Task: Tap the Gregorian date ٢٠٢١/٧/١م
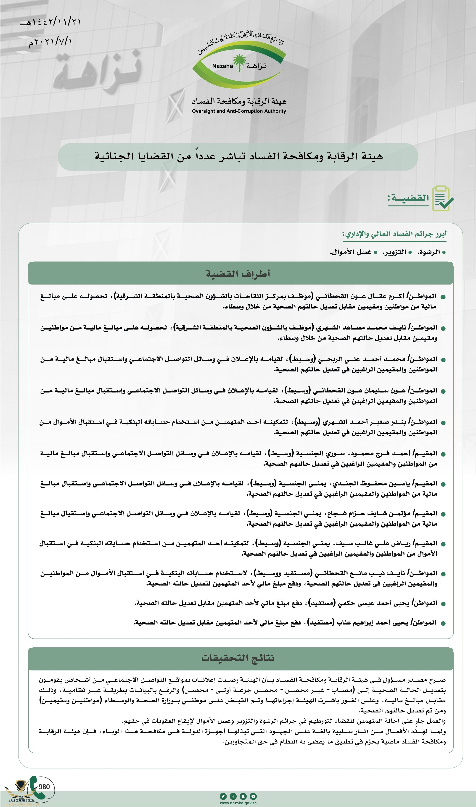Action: [51, 42]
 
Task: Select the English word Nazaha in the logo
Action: [223, 66]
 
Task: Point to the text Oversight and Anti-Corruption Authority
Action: [239, 111]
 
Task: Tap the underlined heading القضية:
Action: [408, 198]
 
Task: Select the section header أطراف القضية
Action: [238, 274]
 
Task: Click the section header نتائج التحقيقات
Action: [238, 658]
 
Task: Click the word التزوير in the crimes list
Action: [394, 252]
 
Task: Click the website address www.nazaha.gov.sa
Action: [238, 803]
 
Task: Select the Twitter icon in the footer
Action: [223, 796]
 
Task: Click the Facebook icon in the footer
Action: [233, 796]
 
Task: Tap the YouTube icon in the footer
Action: [253, 796]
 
